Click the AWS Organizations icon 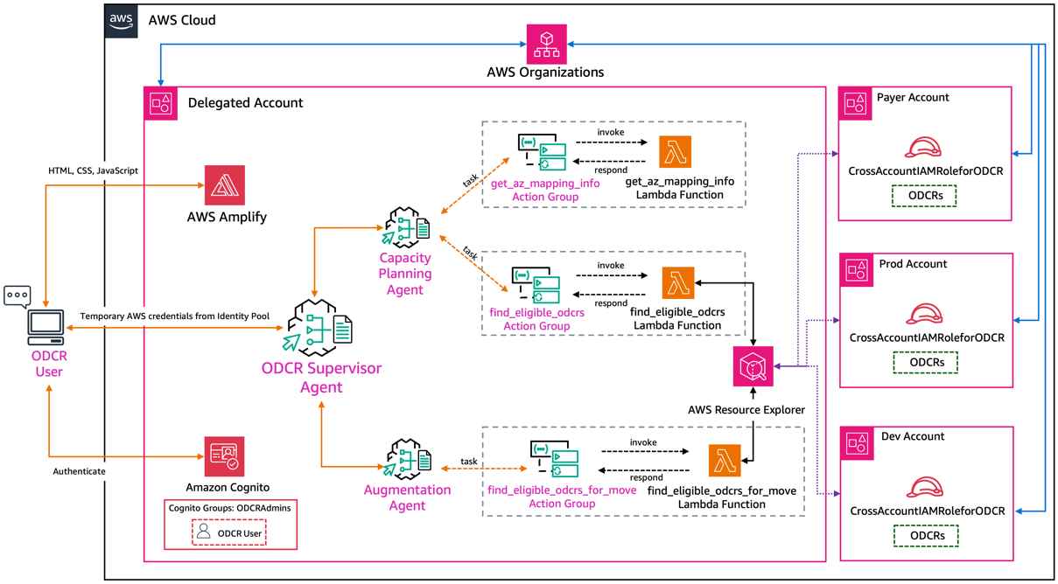point(546,44)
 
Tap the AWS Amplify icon point(225,185)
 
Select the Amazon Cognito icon point(226,456)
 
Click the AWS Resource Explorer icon point(753,366)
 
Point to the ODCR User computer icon point(46,326)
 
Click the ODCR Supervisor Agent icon point(321,328)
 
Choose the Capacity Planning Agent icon point(406,226)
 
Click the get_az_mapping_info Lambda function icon point(675,152)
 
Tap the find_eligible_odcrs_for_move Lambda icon point(725,461)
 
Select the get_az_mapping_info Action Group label point(546,190)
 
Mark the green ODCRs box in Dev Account point(926,535)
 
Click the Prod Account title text point(913,264)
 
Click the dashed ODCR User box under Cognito point(228,532)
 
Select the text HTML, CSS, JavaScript point(93,170)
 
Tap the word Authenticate point(79,471)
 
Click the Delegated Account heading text point(245,102)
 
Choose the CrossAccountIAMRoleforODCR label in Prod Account point(927,337)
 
